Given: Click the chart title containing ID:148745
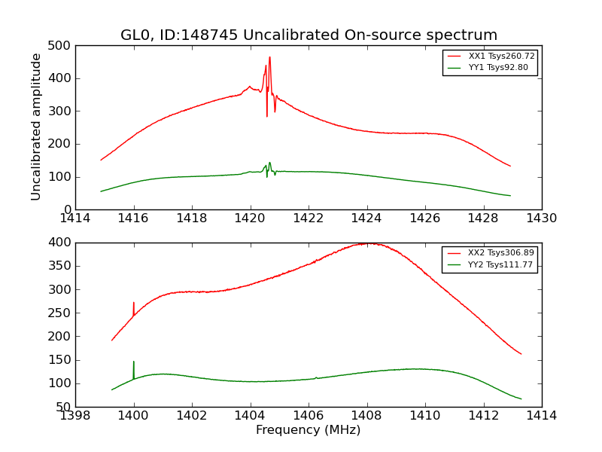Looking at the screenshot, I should [x=309, y=35].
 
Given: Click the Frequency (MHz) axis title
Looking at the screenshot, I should [x=309, y=430].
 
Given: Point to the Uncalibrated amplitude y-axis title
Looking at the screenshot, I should [x=36, y=127].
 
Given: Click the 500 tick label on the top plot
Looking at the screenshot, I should [x=62, y=46].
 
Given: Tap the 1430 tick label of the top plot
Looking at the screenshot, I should [x=541, y=218].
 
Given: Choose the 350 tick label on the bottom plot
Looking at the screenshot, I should [x=62, y=266].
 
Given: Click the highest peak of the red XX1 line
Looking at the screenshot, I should [x=269, y=57].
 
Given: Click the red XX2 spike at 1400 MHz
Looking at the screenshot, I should [x=134, y=303].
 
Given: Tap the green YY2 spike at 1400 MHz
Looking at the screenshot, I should [x=134, y=362].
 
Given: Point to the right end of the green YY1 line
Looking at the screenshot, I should [x=510, y=196].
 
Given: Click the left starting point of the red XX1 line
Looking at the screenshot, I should [x=101, y=160].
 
